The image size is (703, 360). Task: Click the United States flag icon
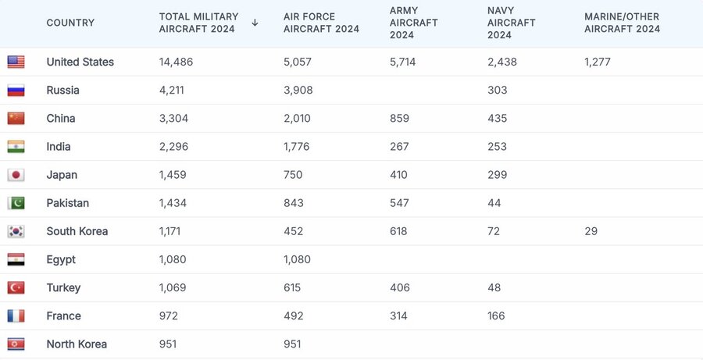[16, 62]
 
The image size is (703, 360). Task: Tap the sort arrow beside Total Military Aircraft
[255, 23]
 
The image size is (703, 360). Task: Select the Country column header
[70, 23]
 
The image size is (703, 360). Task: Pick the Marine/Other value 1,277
[598, 62]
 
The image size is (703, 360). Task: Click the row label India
[59, 147]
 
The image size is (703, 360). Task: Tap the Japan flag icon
[16, 175]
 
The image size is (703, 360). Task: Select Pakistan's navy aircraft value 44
[494, 203]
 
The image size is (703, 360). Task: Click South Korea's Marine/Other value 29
[591, 231]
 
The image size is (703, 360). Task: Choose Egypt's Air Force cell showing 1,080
[297, 259]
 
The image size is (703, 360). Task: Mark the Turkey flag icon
[16, 287]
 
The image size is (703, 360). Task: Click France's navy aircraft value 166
[496, 316]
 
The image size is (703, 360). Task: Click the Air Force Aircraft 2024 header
[321, 23]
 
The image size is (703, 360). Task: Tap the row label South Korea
[77, 231]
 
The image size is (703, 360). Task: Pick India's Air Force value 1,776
[297, 147]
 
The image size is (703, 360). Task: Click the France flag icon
[16, 316]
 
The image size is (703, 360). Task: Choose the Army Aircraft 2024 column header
[414, 23]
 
